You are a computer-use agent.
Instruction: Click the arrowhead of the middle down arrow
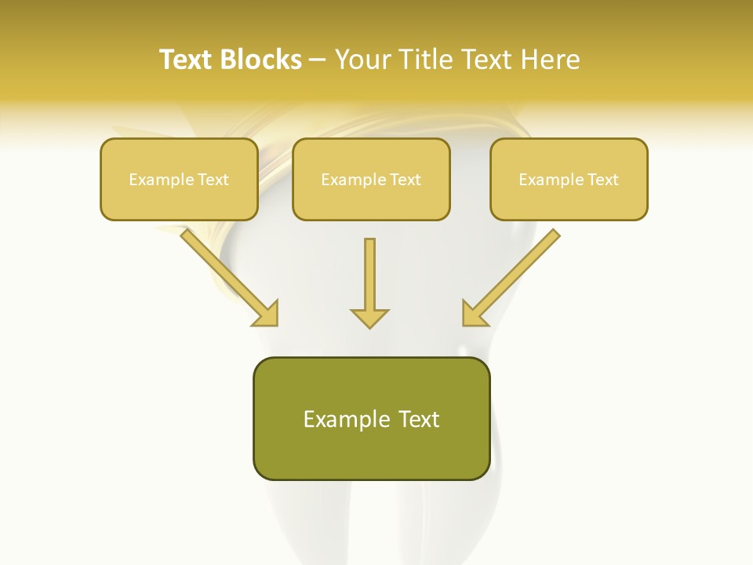pyautogui.click(x=369, y=318)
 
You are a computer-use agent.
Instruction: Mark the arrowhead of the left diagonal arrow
pyautogui.click(x=267, y=314)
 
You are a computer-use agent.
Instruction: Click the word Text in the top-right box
pyautogui.click(x=602, y=179)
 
